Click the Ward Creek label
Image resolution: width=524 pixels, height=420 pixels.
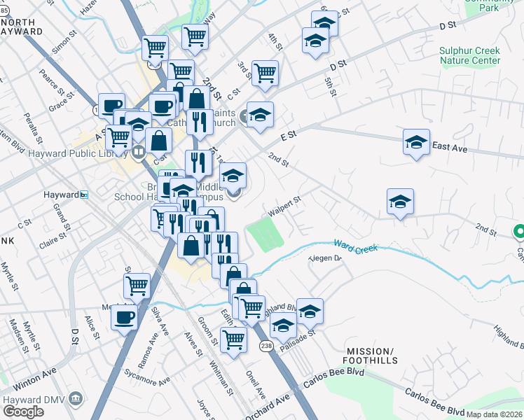tap(355, 246)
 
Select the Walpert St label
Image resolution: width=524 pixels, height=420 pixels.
tap(284, 206)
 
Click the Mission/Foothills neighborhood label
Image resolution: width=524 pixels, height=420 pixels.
tap(371, 356)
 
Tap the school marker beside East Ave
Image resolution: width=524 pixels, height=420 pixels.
tap(417, 142)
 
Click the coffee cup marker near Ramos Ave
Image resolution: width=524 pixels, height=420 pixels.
tap(125, 317)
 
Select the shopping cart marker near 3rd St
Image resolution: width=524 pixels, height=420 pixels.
tap(265, 72)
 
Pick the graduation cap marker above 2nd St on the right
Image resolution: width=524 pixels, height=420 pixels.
tap(400, 202)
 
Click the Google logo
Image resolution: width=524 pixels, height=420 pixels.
tap(22, 412)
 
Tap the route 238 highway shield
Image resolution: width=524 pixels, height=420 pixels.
tap(266, 346)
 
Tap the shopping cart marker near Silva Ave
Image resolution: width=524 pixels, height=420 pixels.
tap(137, 285)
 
